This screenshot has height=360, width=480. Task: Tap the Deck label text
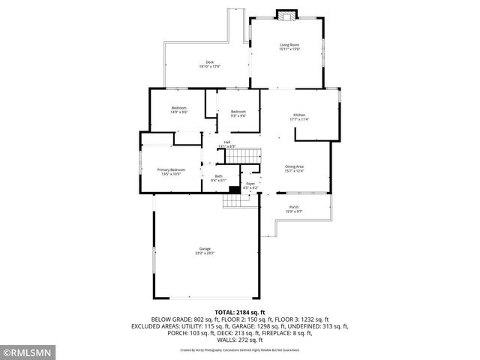(209, 62)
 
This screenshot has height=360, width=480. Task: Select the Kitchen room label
(299, 115)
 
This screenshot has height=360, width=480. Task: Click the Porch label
(293, 207)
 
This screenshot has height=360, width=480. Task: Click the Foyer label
(250, 183)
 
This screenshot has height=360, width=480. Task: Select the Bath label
(218, 175)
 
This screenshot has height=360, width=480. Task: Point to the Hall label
(226, 142)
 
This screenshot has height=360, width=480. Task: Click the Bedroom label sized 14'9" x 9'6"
(178, 108)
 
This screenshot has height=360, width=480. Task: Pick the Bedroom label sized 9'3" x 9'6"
(238, 112)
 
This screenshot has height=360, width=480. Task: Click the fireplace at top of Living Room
(285, 14)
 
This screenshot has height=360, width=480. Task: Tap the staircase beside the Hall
(243, 155)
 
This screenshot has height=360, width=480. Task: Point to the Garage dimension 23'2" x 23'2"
(205, 253)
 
